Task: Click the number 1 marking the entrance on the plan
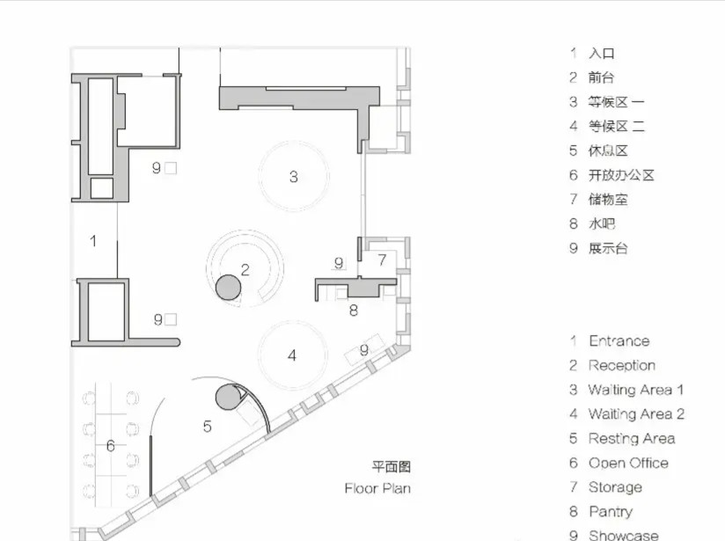pyautogui.click(x=93, y=241)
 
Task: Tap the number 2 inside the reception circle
pyautogui.click(x=245, y=269)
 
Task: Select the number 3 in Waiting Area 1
pyautogui.click(x=294, y=177)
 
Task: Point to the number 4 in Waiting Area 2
pyautogui.click(x=292, y=355)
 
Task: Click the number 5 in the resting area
pyautogui.click(x=207, y=427)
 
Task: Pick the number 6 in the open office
pyautogui.click(x=111, y=446)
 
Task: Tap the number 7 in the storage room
pyautogui.click(x=382, y=260)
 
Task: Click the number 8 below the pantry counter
pyautogui.click(x=353, y=311)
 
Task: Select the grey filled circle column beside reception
pyautogui.click(x=229, y=287)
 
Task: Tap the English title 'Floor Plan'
pyautogui.click(x=377, y=488)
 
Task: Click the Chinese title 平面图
pyautogui.click(x=392, y=466)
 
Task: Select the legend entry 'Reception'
pyautogui.click(x=622, y=366)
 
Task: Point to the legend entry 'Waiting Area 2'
pyautogui.click(x=636, y=413)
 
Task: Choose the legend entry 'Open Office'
pyautogui.click(x=628, y=463)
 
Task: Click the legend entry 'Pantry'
pyautogui.click(x=611, y=511)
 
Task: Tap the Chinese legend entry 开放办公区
pyautogui.click(x=621, y=175)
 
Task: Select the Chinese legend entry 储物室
pyautogui.click(x=608, y=200)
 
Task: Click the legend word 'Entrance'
pyautogui.click(x=619, y=341)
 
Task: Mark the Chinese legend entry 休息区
pyautogui.click(x=608, y=150)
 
